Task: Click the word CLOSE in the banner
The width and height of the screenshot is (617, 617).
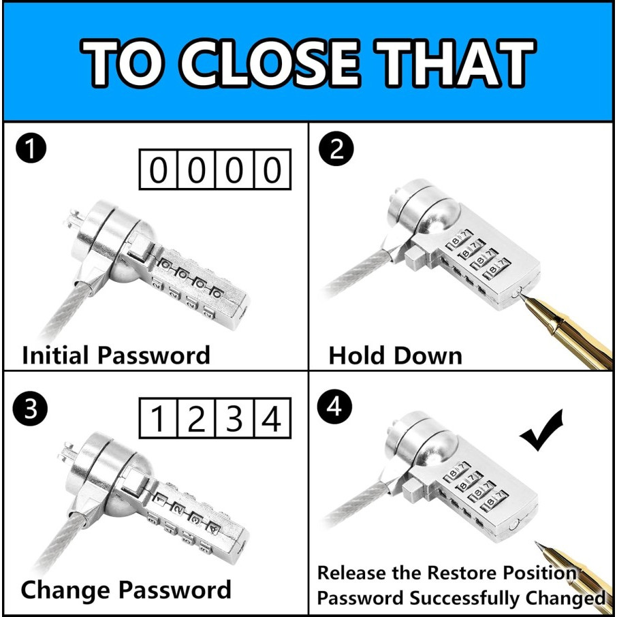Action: pyautogui.click(x=270, y=63)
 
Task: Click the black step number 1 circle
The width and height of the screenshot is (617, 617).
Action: pyautogui.click(x=31, y=149)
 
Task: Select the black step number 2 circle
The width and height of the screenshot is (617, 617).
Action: pyautogui.click(x=336, y=150)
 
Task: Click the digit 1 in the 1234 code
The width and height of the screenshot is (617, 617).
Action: pyautogui.click(x=158, y=419)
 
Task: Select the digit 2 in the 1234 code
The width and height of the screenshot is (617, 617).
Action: pyautogui.click(x=196, y=419)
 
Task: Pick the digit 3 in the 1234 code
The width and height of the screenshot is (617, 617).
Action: pyautogui.click(x=234, y=419)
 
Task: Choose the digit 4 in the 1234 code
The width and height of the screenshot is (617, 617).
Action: pyautogui.click(x=272, y=419)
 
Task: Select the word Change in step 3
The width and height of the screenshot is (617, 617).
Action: pyautogui.click(x=65, y=590)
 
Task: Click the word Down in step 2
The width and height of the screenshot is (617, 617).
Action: pyautogui.click(x=428, y=355)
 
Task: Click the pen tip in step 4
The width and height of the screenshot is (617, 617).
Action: pyautogui.click(x=538, y=545)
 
